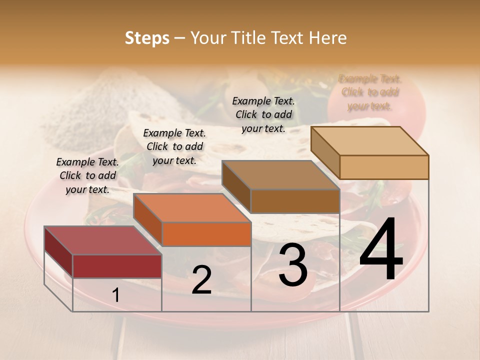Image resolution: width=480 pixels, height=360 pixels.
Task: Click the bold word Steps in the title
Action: tap(147, 38)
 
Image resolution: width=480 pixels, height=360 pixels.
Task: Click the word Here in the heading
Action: tap(328, 38)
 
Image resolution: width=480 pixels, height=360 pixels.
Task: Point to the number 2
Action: tap(201, 280)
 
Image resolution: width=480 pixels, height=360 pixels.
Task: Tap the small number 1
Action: tap(116, 295)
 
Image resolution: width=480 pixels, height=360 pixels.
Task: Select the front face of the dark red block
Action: tap(117, 266)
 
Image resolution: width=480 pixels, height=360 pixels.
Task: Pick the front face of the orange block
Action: tap(206, 234)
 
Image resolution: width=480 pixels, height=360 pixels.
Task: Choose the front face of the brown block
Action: tap(295, 201)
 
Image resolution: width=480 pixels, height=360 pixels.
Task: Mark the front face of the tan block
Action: tap(384, 167)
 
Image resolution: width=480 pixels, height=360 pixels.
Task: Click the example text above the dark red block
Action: tap(87, 175)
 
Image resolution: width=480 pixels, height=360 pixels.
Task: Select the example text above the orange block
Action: tap(174, 146)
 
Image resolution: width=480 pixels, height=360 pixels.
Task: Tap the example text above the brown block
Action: tap(263, 114)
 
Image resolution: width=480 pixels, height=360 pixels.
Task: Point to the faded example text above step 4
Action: tap(370, 92)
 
